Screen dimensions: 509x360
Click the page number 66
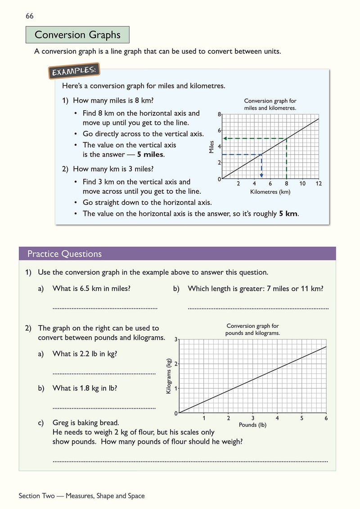[30, 16]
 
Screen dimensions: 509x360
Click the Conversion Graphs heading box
[77, 35]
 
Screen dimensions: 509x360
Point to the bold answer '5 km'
[288, 214]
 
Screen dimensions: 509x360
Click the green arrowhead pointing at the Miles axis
[225, 138]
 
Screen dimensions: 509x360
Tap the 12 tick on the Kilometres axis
[319, 183]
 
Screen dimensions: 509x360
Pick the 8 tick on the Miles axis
[220, 115]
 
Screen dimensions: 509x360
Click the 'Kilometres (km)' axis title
[270, 192]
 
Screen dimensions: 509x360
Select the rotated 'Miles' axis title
[211, 147]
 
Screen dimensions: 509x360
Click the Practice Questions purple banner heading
[64, 254]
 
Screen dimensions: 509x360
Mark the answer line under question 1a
[105, 308]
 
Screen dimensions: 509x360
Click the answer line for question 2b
[104, 407]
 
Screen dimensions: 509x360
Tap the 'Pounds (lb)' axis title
[252, 425]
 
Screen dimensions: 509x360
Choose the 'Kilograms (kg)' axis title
[169, 376]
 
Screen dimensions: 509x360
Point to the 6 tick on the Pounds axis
[326, 418]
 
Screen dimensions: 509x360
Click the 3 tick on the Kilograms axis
[176, 339]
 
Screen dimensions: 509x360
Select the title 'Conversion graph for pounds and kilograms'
[252, 330]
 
